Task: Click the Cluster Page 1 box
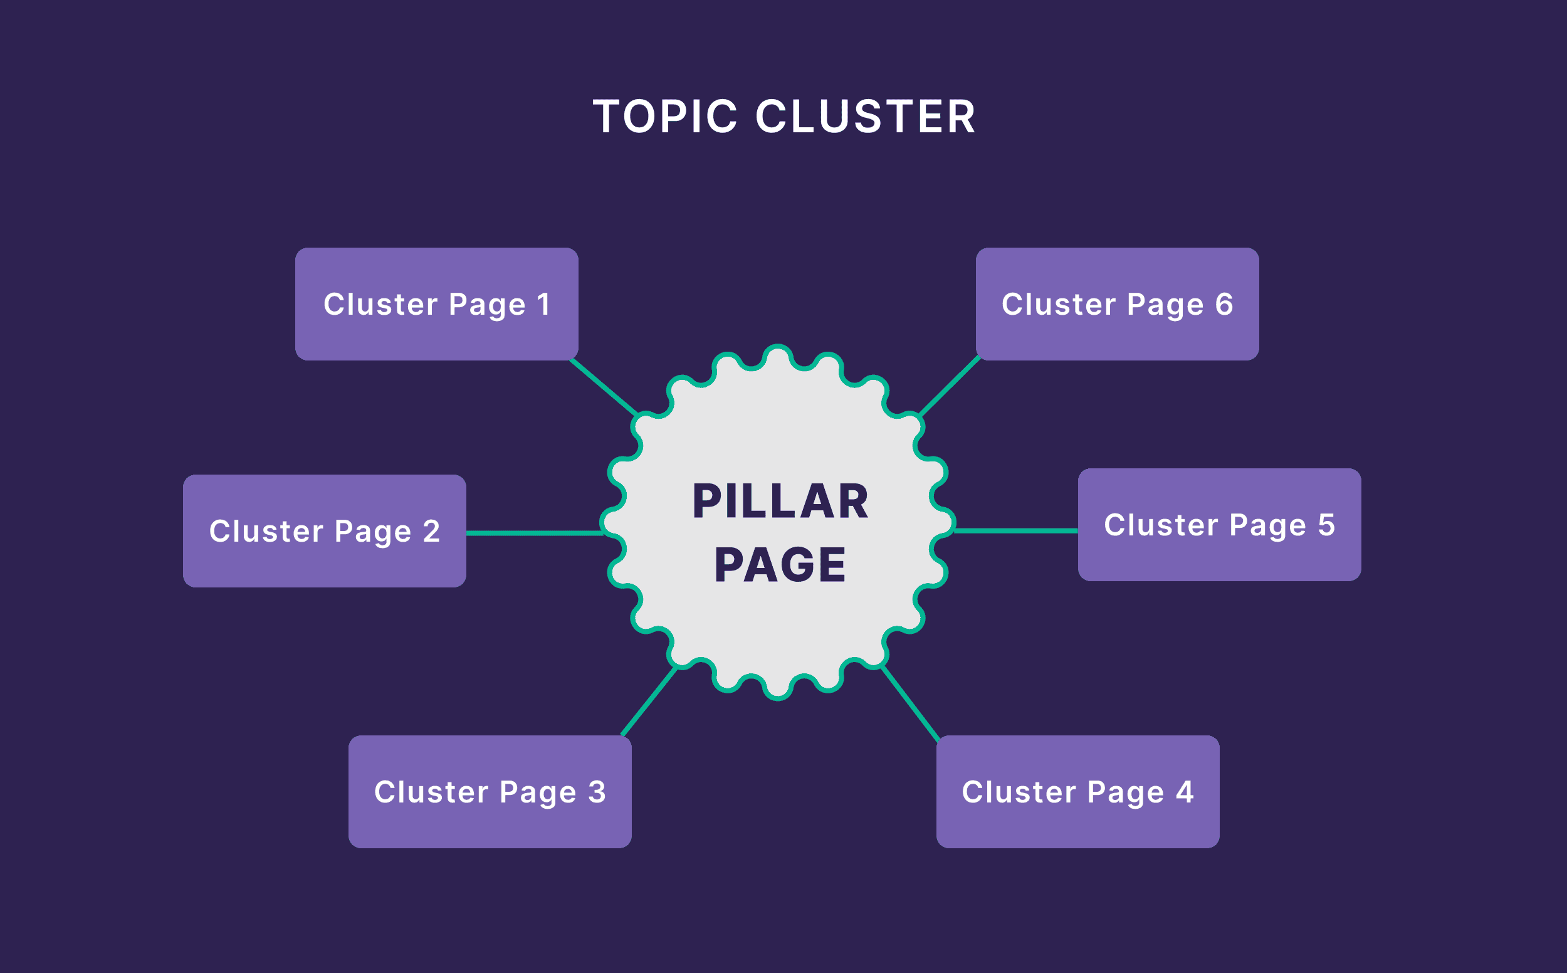(x=436, y=303)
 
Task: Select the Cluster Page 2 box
(x=324, y=531)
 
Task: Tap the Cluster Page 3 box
(x=490, y=792)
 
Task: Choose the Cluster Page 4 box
(x=1077, y=792)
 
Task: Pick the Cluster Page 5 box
(x=1219, y=525)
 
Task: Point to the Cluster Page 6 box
(x=1117, y=303)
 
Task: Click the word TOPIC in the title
(x=665, y=117)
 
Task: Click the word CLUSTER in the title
(x=865, y=117)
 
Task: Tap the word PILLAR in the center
(x=780, y=502)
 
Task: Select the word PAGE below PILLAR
(x=780, y=565)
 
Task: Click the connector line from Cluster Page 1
(x=604, y=387)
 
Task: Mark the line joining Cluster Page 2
(x=534, y=533)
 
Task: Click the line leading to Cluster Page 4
(x=910, y=703)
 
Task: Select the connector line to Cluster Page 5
(x=1017, y=531)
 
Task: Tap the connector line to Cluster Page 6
(x=950, y=386)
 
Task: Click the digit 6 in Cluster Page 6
(x=1224, y=303)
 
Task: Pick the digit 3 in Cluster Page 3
(x=597, y=792)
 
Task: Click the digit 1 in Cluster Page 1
(x=543, y=303)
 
